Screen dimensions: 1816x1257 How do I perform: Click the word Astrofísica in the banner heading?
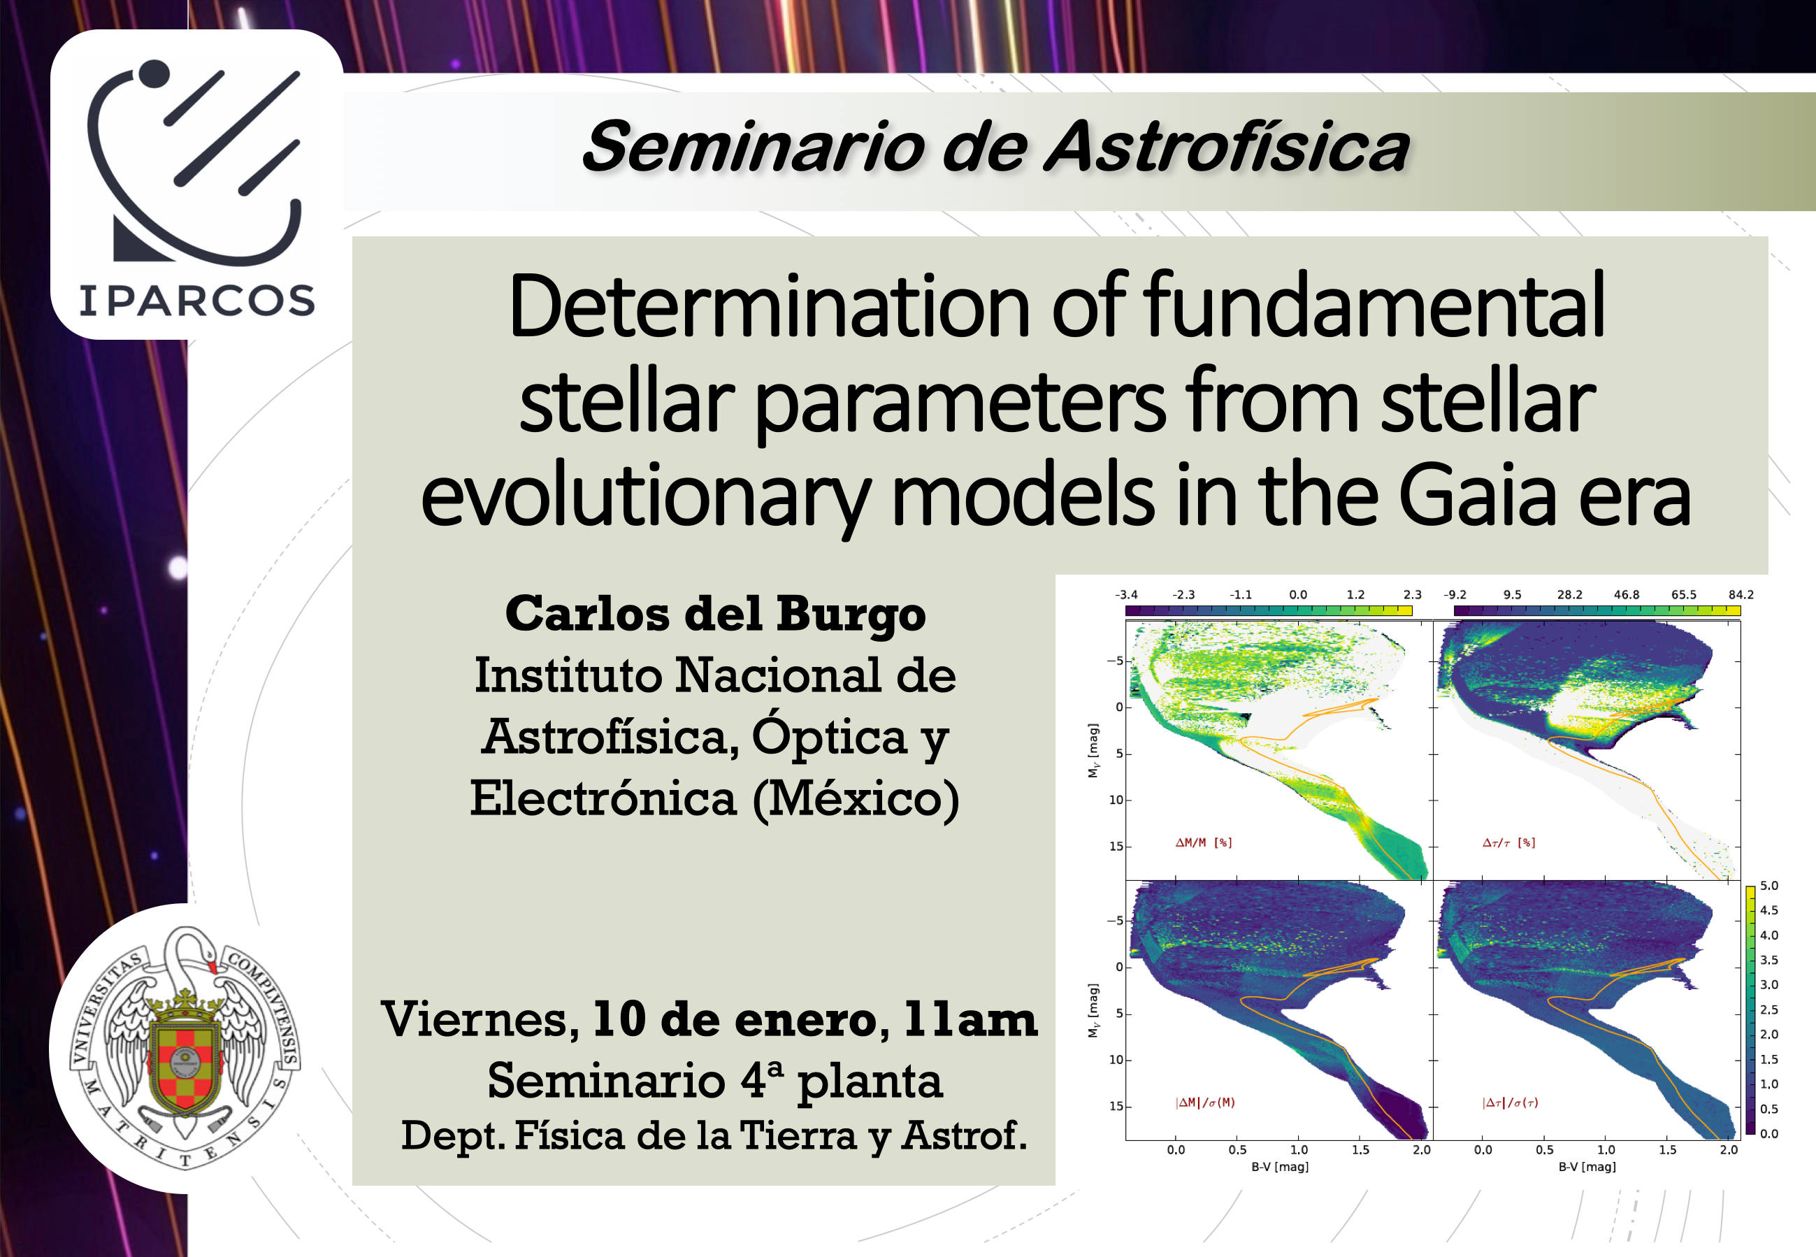click(1227, 147)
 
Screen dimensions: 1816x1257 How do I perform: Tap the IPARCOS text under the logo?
click(197, 301)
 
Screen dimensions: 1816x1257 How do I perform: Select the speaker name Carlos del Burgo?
click(715, 614)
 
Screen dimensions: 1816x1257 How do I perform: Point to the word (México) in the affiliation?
click(856, 798)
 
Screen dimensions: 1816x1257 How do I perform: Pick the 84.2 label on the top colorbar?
click(1741, 595)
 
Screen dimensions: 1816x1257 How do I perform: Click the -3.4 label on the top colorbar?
click(1126, 595)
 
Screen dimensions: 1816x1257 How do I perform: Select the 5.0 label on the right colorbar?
click(1770, 886)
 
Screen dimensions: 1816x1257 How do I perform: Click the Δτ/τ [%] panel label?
click(1509, 842)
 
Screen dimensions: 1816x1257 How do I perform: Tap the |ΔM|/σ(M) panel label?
click(1205, 1102)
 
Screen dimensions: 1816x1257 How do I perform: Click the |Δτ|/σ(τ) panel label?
click(1510, 1102)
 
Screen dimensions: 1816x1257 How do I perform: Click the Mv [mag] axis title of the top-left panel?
click(1093, 751)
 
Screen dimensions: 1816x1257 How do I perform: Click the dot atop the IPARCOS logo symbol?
click(154, 73)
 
